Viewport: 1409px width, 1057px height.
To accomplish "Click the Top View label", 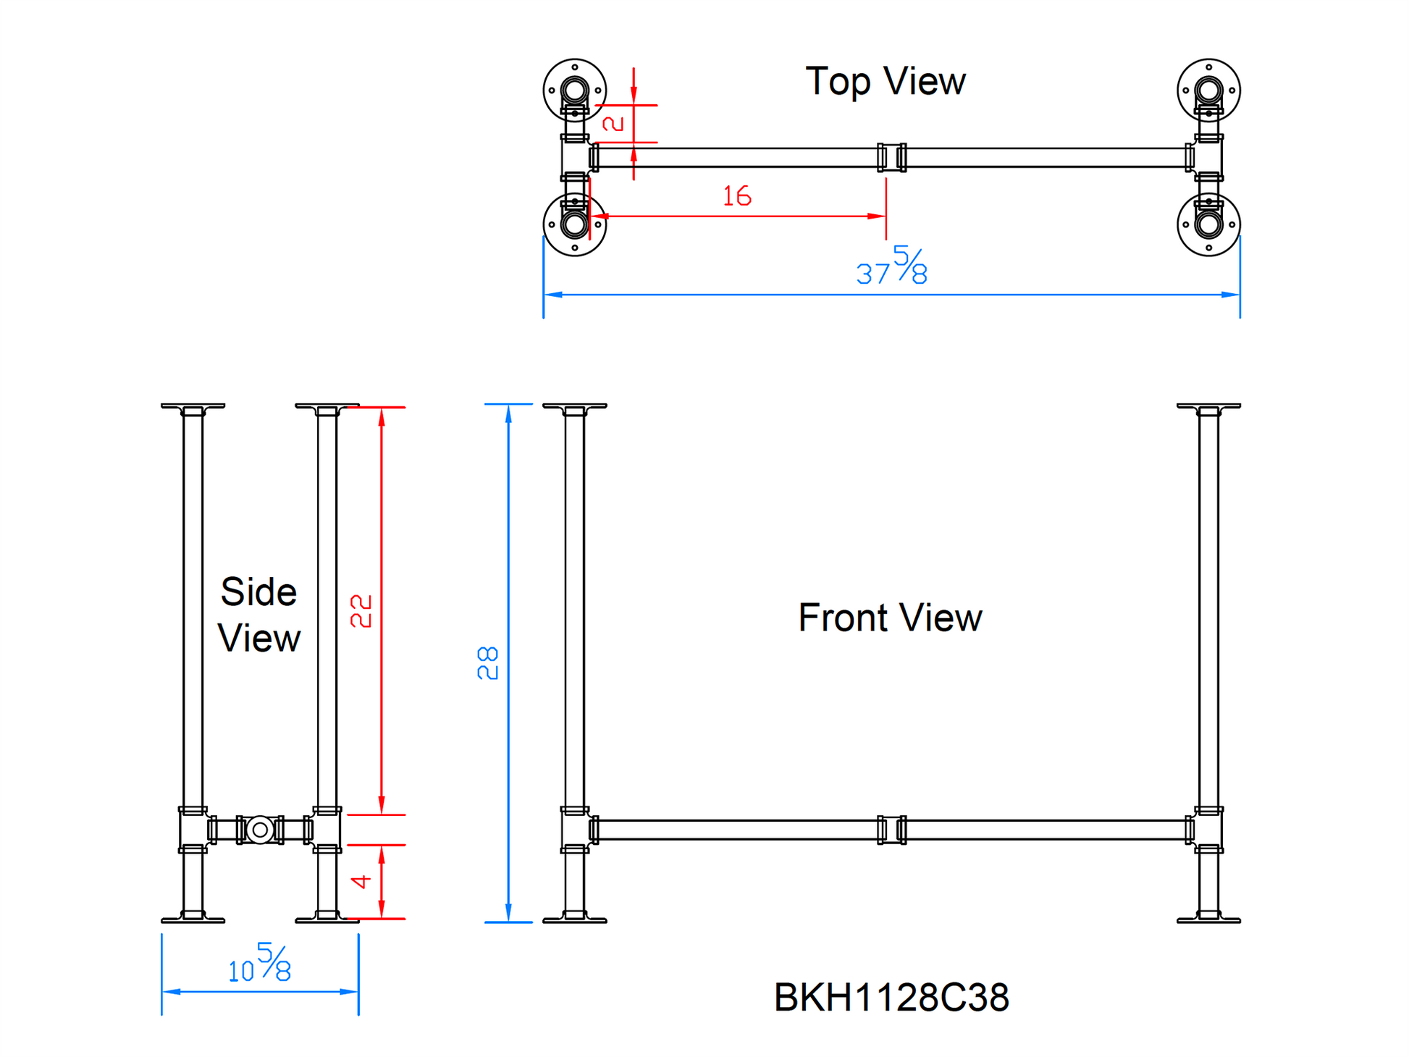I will [885, 81].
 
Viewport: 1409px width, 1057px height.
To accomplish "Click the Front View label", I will [889, 618].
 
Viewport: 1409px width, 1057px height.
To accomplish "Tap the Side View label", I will [258, 615].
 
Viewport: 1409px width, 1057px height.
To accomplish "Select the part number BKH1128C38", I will [891, 997].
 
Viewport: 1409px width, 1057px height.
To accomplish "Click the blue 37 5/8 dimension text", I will [891, 266].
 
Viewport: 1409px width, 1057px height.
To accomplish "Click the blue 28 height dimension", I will [488, 662].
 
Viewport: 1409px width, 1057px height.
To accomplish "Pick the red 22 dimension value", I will [361, 611].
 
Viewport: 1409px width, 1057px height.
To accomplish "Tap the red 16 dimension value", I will [737, 196].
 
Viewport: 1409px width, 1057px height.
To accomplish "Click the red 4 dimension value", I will [361, 881].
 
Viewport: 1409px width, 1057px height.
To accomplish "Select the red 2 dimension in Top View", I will [613, 124].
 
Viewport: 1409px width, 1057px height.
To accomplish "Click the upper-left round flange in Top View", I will [575, 90].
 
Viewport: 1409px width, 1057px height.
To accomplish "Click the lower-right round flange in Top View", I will [1208, 224].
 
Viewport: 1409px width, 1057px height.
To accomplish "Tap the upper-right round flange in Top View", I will [1208, 90].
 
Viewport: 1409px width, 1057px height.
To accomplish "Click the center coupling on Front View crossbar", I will [891, 830].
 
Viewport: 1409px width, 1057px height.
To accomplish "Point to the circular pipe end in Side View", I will [260, 830].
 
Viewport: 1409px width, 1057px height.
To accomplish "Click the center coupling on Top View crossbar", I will [891, 157].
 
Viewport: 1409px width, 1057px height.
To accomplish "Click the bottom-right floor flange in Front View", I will [1208, 918].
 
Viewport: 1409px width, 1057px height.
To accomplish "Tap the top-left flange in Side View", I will [193, 408].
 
